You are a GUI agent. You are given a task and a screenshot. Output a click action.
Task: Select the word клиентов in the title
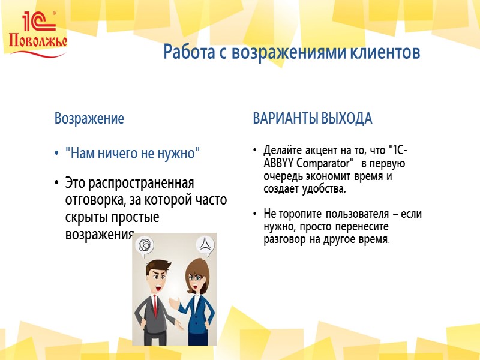(383, 53)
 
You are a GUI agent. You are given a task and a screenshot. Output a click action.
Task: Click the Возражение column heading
(89, 119)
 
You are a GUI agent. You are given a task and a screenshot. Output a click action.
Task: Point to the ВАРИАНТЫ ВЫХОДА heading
(312, 119)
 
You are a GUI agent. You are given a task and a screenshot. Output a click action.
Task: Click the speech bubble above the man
(144, 245)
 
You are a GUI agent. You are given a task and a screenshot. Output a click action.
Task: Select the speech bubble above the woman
(204, 245)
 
